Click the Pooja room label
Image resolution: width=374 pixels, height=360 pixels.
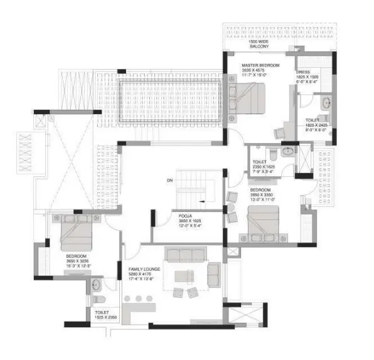pos(184,216)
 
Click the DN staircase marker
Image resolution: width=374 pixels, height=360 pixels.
pos(169,181)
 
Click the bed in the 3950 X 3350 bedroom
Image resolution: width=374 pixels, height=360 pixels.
pos(264,223)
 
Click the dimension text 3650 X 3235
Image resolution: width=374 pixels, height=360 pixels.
pos(79,262)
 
